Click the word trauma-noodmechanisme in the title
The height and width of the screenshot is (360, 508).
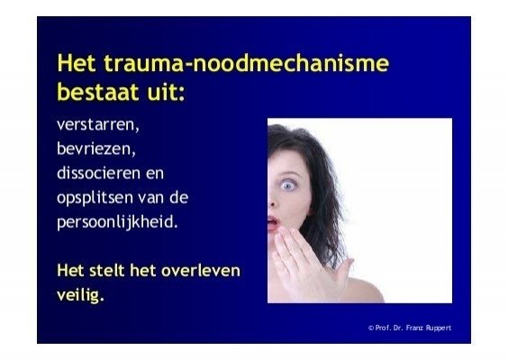pyautogui.click(x=247, y=63)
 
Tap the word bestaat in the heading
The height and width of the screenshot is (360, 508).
pyautogui.click(x=98, y=92)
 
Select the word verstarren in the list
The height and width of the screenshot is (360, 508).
pyautogui.click(x=98, y=125)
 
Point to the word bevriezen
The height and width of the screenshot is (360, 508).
pyautogui.click(x=96, y=148)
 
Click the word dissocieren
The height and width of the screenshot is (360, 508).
pyautogui.click(x=99, y=173)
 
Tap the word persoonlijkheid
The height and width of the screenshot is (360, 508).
pyautogui.click(x=118, y=222)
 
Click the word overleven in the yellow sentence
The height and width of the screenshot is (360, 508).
pyautogui.click(x=201, y=271)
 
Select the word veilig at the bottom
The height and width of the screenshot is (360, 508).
pyautogui.click(x=81, y=295)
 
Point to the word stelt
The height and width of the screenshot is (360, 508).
pyautogui.click(x=106, y=271)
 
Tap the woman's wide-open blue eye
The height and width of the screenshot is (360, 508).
pyautogui.click(x=287, y=184)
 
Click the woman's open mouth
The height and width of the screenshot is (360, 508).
pyautogui.click(x=273, y=223)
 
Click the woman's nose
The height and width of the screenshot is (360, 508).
pyautogui.click(x=272, y=201)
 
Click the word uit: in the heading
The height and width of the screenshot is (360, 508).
pyautogui.click(x=166, y=92)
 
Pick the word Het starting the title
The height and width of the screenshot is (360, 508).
pyautogui.click(x=77, y=63)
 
